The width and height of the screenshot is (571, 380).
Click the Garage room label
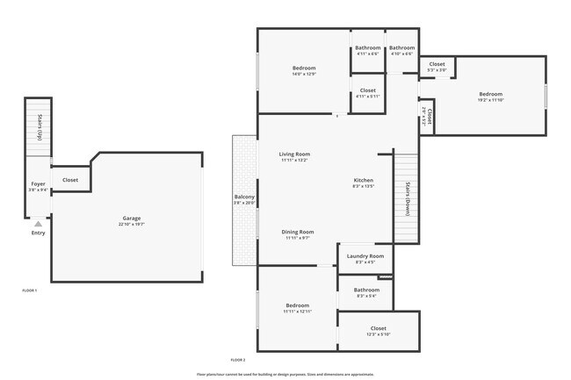131,221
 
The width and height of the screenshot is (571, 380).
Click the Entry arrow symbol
38,224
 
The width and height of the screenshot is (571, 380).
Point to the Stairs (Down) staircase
407,198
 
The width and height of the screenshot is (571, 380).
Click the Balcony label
244,199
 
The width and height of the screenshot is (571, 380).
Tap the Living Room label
295,157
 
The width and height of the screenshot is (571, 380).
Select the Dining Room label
299,234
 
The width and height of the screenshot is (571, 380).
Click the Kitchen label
364,183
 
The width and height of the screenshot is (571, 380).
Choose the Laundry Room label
365,258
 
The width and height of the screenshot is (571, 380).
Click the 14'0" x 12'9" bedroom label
304,71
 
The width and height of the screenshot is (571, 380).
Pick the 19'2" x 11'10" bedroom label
490,97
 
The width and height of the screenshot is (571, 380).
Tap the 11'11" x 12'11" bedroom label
298,308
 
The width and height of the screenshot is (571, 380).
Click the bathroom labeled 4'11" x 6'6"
367,50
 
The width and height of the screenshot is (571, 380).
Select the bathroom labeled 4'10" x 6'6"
401,50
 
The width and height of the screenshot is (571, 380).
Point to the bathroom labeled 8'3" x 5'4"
366,292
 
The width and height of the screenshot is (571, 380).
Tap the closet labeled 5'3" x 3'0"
437,67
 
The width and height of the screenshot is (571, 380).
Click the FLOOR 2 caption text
238,360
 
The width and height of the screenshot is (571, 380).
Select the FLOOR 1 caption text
30,289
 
